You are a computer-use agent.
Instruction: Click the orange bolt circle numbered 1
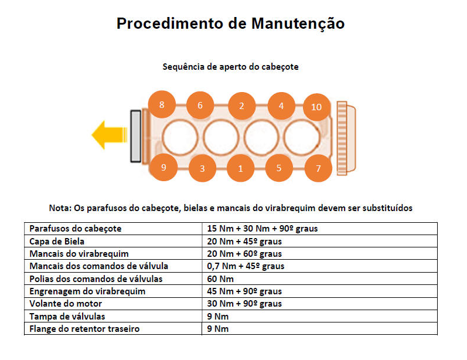(x=241, y=168)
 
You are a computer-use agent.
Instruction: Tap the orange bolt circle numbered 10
(x=316, y=107)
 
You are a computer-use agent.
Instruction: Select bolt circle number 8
(x=162, y=104)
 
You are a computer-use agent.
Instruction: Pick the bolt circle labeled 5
(x=279, y=168)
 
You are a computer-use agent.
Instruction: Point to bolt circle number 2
(x=241, y=106)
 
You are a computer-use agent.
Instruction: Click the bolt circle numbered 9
(x=163, y=167)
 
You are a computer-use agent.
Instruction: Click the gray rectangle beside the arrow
(x=136, y=137)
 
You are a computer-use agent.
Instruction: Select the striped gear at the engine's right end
(x=342, y=138)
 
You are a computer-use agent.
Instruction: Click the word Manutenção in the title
(x=298, y=23)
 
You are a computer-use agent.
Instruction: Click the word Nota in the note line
(x=60, y=208)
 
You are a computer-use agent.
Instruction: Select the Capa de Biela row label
(x=57, y=241)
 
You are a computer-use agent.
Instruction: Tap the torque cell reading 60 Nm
(x=220, y=279)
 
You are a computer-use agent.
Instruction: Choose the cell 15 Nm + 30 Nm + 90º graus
(x=263, y=229)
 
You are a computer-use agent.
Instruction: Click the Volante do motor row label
(x=66, y=304)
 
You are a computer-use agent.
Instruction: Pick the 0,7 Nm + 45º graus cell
(x=246, y=266)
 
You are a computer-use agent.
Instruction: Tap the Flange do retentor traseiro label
(x=84, y=329)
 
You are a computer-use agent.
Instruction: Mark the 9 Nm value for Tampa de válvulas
(x=218, y=316)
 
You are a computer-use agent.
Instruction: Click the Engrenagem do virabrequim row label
(x=87, y=291)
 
